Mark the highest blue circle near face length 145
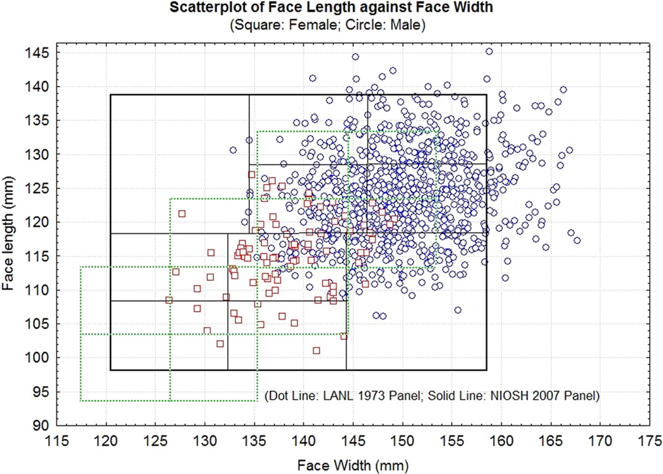[x=489, y=52]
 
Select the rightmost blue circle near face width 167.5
[x=577, y=240]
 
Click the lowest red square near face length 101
[x=316, y=350]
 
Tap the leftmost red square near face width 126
[x=169, y=300]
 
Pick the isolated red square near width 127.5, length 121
[x=182, y=214]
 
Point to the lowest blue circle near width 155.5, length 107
[x=458, y=310]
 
